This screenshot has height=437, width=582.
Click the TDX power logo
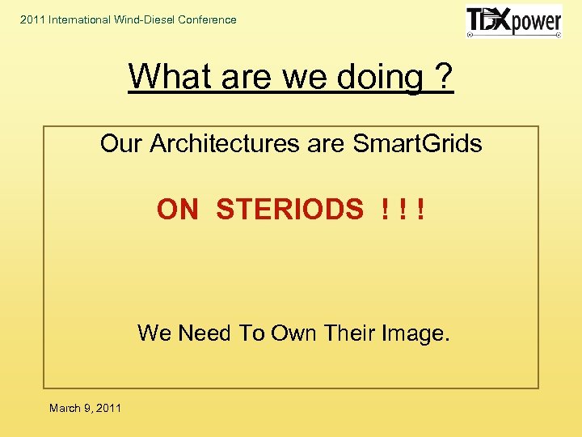pyautogui.click(x=513, y=22)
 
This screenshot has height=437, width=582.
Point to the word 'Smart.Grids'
pyautogui.click(x=418, y=144)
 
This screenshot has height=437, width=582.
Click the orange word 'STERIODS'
pyautogui.click(x=290, y=210)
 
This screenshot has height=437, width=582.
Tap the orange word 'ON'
pyautogui.click(x=178, y=210)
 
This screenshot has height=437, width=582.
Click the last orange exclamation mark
pyautogui.click(x=420, y=210)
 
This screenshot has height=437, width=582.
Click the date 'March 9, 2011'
pyautogui.click(x=85, y=408)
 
